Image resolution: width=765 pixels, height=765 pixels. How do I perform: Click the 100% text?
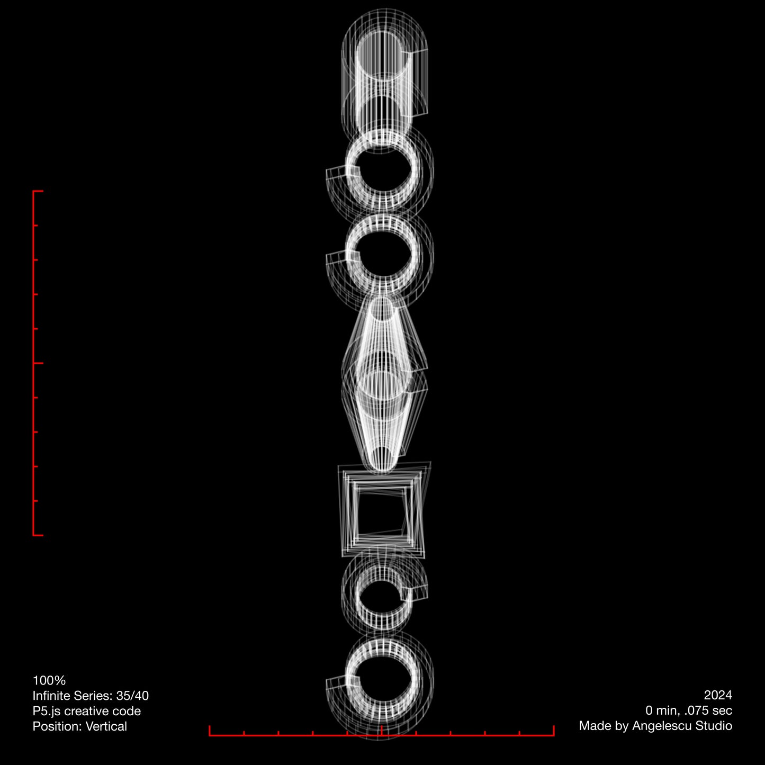(49, 681)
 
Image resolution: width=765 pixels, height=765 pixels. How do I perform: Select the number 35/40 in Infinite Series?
(132, 696)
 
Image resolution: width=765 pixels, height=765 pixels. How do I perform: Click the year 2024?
(718, 695)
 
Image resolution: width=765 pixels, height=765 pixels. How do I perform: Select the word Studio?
(714, 726)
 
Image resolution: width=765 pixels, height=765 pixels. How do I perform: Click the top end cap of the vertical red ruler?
(38, 191)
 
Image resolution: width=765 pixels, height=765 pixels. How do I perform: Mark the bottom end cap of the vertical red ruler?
(38, 535)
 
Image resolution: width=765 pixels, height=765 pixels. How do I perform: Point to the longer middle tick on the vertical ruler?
(38, 363)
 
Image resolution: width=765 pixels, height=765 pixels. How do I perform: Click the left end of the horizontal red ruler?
(210, 731)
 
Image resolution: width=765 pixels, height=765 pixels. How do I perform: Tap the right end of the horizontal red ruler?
(554, 731)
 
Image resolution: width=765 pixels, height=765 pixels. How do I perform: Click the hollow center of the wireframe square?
(381, 511)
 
